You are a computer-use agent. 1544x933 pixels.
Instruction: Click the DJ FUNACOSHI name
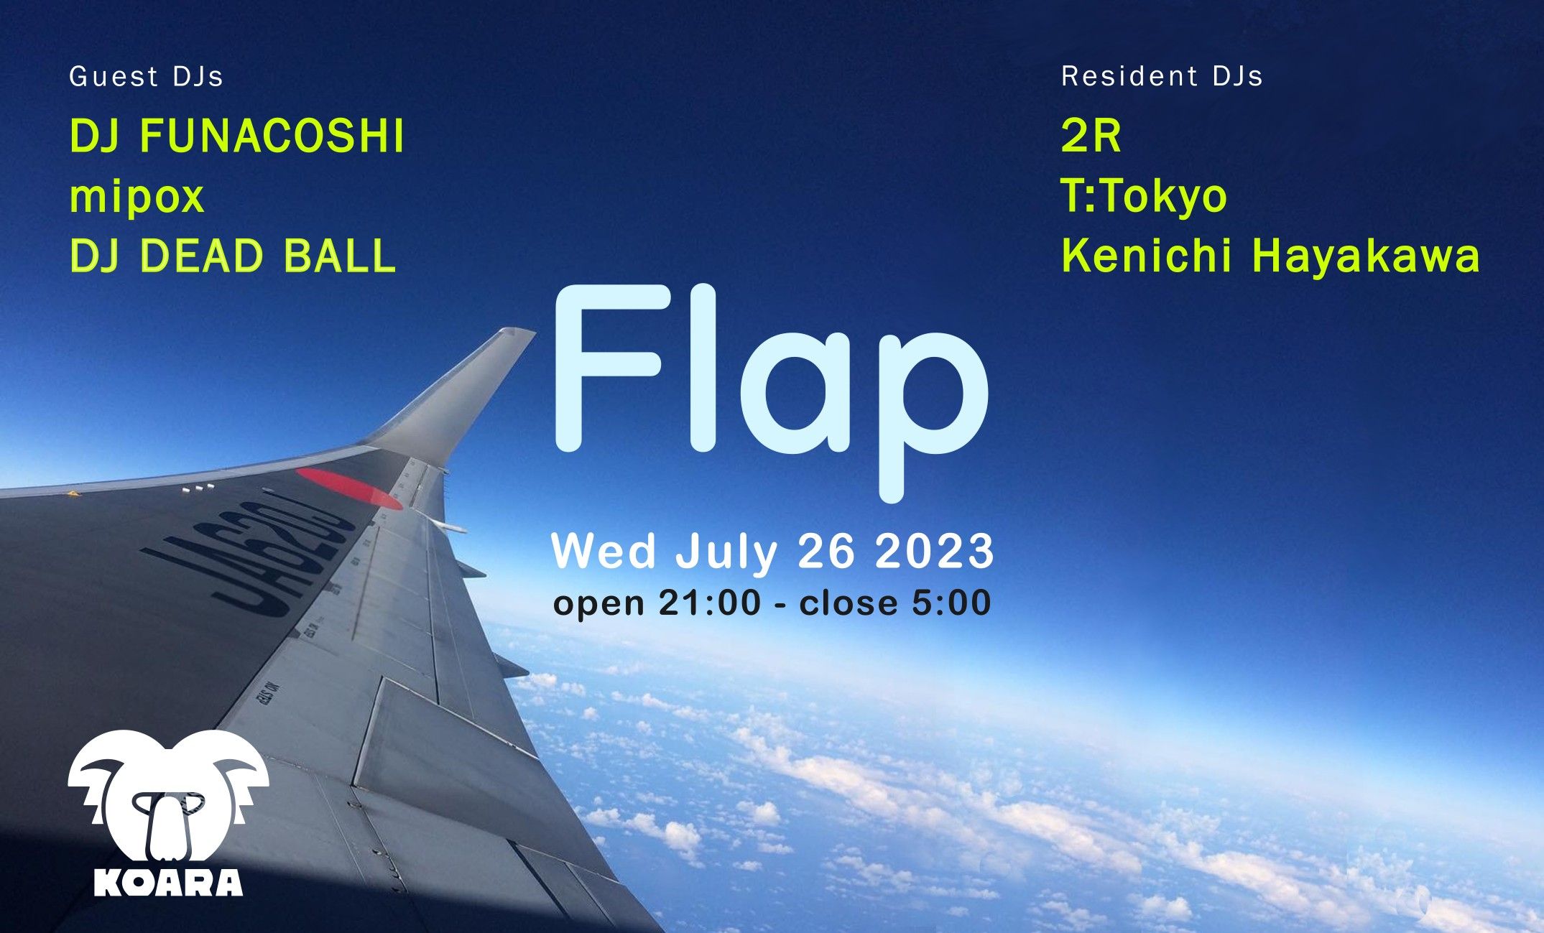[x=237, y=136]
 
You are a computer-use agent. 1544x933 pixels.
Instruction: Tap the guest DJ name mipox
[x=137, y=197]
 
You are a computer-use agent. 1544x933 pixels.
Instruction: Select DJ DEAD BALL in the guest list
[x=233, y=256]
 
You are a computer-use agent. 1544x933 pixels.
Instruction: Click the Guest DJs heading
[x=146, y=77]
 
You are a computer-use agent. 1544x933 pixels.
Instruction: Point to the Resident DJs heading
[x=1162, y=76]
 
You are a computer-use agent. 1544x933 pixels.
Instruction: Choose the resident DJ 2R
[x=1091, y=136]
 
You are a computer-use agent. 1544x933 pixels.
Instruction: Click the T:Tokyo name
[x=1144, y=196]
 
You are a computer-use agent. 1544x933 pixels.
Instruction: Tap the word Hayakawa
[x=1365, y=256]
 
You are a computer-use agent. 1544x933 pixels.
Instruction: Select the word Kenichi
[x=1147, y=256]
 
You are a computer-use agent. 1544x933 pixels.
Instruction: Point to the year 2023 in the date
[x=934, y=552]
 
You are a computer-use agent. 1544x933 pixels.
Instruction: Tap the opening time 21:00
[x=709, y=602]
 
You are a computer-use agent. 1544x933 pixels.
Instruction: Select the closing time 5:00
[x=951, y=602]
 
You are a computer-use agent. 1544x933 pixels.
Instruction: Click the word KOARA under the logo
[x=168, y=882]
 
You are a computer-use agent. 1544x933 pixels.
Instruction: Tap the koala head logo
[x=168, y=797]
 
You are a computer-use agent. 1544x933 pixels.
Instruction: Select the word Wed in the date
[x=604, y=552]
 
